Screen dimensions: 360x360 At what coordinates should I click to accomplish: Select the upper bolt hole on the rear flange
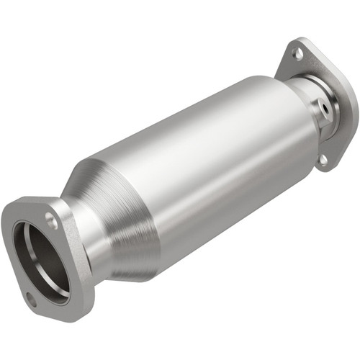[x=297, y=53]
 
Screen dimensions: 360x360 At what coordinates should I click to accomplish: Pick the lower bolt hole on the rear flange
[x=323, y=160]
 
